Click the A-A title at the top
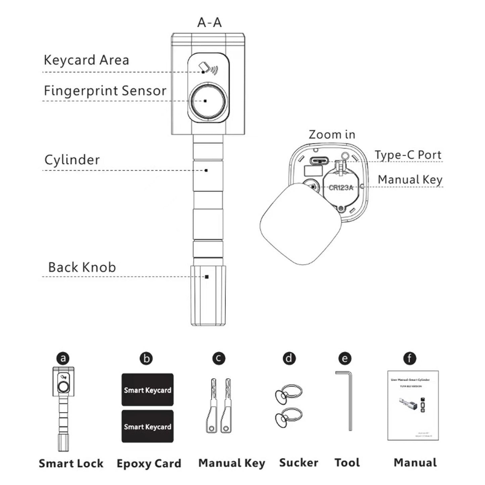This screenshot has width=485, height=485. click(x=209, y=22)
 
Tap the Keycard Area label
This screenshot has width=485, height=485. click(x=86, y=60)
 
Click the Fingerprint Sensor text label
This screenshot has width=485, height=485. click(x=105, y=91)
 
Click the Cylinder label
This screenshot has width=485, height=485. click(x=72, y=160)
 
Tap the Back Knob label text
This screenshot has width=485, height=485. click(x=82, y=267)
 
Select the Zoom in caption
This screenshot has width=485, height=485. click(x=332, y=135)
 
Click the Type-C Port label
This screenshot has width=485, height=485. click(x=408, y=155)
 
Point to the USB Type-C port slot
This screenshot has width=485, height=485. click(x=318, y=160)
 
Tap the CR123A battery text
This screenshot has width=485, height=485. click(x=341, y=188)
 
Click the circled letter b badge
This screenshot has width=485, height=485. click(x=146, y=358)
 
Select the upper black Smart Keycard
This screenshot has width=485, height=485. click(x=147, y=390)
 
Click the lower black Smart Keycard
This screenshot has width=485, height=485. click(x=147, y=427)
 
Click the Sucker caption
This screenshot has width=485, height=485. click(x=298, y=463)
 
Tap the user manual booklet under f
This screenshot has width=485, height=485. click(x=413, y=405)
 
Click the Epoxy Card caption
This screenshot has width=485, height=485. click(x=149, y=464)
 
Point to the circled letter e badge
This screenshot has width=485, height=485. click(x=345, y=358)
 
